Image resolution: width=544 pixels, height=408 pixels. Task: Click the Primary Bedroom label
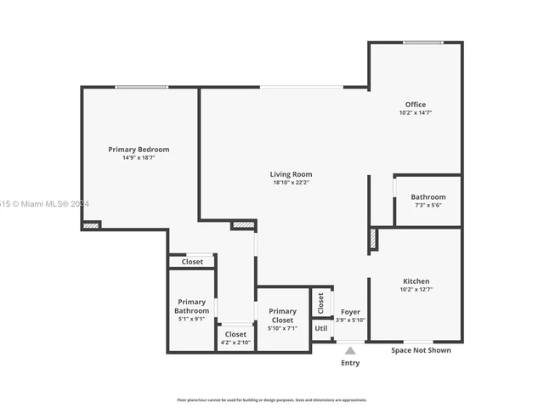click(139, 150)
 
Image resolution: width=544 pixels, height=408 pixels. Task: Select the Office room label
click(416, 105)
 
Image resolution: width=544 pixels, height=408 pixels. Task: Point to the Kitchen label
click(416, 281)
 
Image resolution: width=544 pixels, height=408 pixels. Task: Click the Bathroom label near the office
click(428, 197)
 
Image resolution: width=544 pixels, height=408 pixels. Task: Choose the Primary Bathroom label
click(191, 306)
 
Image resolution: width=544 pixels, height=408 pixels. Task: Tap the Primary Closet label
click(281, 315)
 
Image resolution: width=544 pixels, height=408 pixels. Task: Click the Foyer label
click(350, 311)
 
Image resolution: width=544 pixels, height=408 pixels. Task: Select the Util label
click(320, 328)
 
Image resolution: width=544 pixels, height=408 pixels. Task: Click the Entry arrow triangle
click(350, 349)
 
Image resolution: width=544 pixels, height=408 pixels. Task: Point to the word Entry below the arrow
click(350, 363)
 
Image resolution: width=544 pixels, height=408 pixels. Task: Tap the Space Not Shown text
click(421, 350)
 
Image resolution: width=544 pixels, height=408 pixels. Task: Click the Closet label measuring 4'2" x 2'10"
click(235, 334)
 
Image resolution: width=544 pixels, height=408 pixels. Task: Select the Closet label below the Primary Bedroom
click(192, 262)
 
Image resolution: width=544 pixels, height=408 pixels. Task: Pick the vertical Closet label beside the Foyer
click(320, 301)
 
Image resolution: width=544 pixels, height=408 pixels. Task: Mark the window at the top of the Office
click(416, 42)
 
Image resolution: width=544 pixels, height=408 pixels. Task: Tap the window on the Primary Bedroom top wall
click(141, 87)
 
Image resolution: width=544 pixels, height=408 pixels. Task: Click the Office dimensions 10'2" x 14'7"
click(416, 113)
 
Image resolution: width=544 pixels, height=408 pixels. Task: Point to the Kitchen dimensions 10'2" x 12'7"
click(416, 290)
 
